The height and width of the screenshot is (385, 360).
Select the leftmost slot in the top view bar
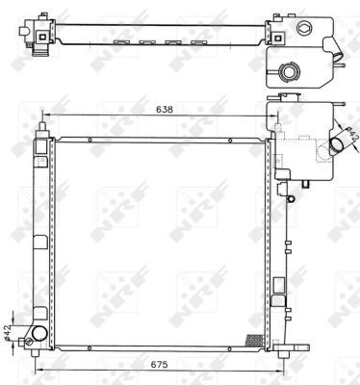coord(120,42)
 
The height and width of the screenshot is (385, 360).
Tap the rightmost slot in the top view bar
coord(199,42)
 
